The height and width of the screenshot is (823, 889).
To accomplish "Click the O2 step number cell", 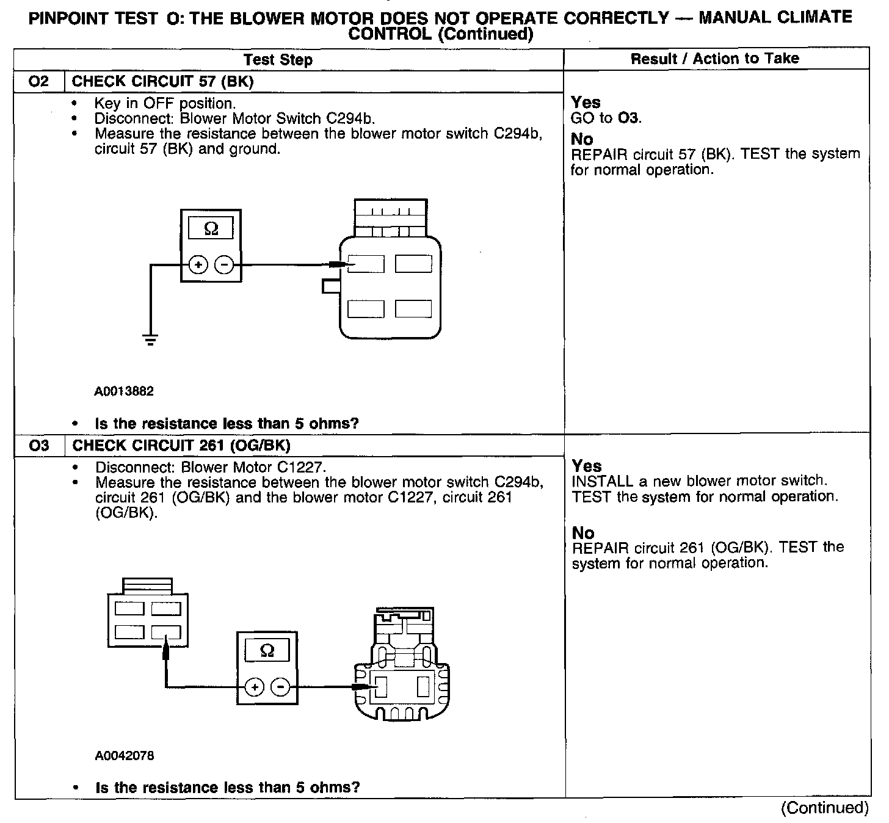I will [x=38, y=81].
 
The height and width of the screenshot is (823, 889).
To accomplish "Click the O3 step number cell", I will [x=38, y=445].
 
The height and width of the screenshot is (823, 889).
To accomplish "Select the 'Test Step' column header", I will [x=278, y=60].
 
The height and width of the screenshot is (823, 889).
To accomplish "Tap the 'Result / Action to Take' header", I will [x=714, y=59].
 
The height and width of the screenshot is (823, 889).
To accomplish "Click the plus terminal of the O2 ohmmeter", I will [x=198, y=265].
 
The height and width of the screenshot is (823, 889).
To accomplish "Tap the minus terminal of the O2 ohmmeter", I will [x=224, y=265].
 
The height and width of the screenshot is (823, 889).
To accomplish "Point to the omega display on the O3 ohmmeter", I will [x=267, y=651].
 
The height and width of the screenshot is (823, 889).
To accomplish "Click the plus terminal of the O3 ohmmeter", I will [x=254, y=687].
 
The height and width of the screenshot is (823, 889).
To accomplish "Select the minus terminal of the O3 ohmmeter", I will [x=280, y=687].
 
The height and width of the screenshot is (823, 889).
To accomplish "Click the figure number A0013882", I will [x=124, y=391].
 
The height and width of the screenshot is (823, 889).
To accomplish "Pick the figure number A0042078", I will [x=125, y=756].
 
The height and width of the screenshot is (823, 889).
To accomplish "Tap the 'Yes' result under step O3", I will [x=587, y=466].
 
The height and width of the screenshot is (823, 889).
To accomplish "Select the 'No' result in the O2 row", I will [x=582, y=139].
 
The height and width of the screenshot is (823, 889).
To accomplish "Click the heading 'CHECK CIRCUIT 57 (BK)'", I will [x=163, y=81].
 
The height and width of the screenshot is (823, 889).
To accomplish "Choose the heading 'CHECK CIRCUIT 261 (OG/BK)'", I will [x=181, y=445].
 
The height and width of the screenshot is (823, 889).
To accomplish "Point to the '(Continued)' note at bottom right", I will [x=824, y=808].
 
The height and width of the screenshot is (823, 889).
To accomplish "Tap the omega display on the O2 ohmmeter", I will [x=211, y=229].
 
